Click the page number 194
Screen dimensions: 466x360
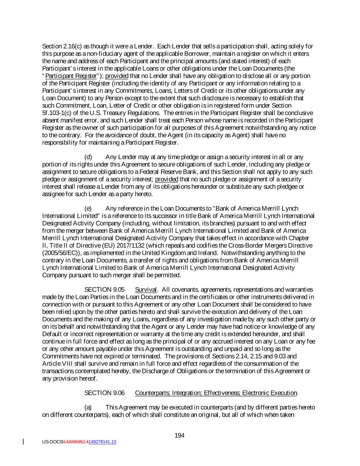(179, 435)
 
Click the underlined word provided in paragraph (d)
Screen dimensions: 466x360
(167, 179)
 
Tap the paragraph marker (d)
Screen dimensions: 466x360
(88, 157)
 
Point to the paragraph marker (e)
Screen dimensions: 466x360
(88, 209)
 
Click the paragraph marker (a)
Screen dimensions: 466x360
(88, 407)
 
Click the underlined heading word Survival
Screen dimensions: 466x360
(146, 290)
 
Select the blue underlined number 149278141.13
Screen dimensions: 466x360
(102, 442)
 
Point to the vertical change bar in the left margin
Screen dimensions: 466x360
(24, 442)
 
